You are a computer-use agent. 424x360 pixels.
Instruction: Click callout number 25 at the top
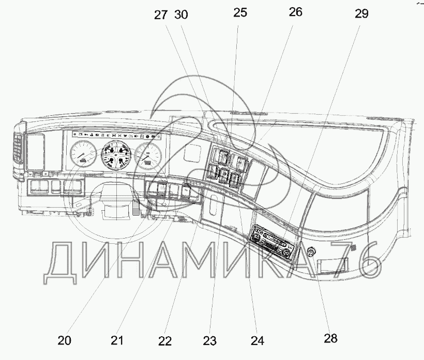pyautogui.click(x=240, y=13)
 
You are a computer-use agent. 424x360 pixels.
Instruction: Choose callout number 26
pyautogui.click(x=296, y=13)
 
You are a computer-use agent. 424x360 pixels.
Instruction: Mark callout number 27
pyautogui.click(x=161, y=15)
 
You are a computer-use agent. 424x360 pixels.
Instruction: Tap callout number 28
pyautogui.click(x=330, y=338)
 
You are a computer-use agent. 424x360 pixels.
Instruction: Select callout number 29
pyautogui.click(x=361, y=14)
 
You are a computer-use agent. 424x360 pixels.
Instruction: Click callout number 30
pyautogui.click(x=181, y=15)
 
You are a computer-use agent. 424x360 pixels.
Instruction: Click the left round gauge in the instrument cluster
pyautogui.click(x=83, y=153)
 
